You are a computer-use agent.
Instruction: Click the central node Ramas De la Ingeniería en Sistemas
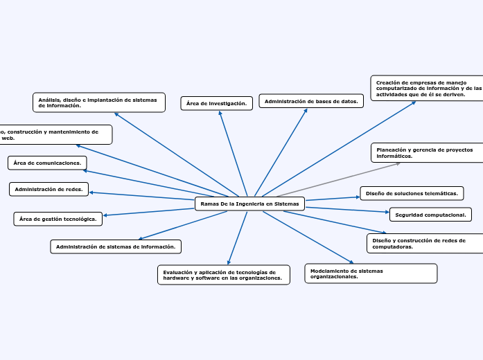point(249,204)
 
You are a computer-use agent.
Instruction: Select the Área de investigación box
point(216,103)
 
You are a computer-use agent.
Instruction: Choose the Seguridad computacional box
point(430,215)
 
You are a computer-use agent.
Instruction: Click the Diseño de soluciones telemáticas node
point(412,193)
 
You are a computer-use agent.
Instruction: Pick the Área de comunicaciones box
point(47,163)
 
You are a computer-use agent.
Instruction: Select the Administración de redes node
point(49,189)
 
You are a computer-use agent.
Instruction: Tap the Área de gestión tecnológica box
point(58,219)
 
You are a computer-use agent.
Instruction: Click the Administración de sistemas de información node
point(116,246)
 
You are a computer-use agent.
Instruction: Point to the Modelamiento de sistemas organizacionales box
point(371,273)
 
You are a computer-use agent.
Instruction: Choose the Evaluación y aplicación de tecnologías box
point(222,275)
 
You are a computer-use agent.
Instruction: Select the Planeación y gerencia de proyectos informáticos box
point(426,152)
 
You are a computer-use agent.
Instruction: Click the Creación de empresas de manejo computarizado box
point(427,88)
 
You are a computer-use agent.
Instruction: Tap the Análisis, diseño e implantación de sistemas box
point(98,102)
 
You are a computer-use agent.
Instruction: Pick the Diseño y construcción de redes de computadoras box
point(424,243)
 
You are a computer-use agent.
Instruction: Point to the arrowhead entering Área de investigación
point(220,113)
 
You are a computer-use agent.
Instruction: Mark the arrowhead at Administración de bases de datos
point(306,110)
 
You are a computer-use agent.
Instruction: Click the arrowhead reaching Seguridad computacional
point(387,212)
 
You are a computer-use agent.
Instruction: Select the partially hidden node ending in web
point(55,134)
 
